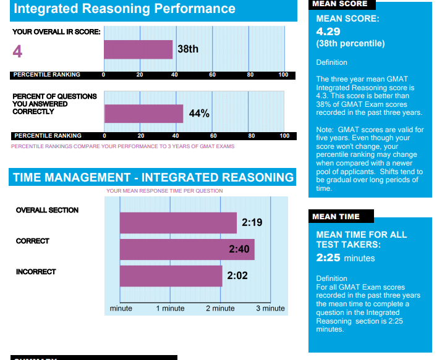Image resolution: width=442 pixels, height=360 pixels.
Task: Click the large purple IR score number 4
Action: point(17,51)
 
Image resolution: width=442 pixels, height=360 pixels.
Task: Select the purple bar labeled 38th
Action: point(138,49)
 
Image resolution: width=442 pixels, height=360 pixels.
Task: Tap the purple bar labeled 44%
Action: point(143,114)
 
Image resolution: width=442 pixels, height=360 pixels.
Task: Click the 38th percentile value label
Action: point(188,49)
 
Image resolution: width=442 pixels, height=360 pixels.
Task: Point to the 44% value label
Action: point(199,114)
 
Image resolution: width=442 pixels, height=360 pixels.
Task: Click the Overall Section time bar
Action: point(178,223)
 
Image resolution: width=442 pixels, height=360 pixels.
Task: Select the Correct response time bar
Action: point(187,249)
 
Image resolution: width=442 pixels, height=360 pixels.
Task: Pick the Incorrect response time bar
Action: point(171,276)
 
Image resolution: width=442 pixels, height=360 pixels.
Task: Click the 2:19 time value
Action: point(252,222)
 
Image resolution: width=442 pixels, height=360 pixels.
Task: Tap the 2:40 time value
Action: point(239,249)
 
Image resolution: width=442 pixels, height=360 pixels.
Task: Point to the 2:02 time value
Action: point(237,276)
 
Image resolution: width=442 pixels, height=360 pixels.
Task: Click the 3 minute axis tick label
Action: point(270,308)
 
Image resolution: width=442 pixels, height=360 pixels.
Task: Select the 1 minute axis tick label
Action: point(170,308)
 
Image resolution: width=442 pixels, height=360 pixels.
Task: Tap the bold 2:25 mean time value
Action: point(328,257)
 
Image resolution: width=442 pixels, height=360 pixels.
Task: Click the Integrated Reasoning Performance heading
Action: point(124,9)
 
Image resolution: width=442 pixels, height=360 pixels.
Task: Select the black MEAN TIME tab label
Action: point(336,217)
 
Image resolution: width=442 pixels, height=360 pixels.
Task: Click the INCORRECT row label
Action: point(36,272)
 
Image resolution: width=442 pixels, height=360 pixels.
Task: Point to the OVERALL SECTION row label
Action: point(47,210)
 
